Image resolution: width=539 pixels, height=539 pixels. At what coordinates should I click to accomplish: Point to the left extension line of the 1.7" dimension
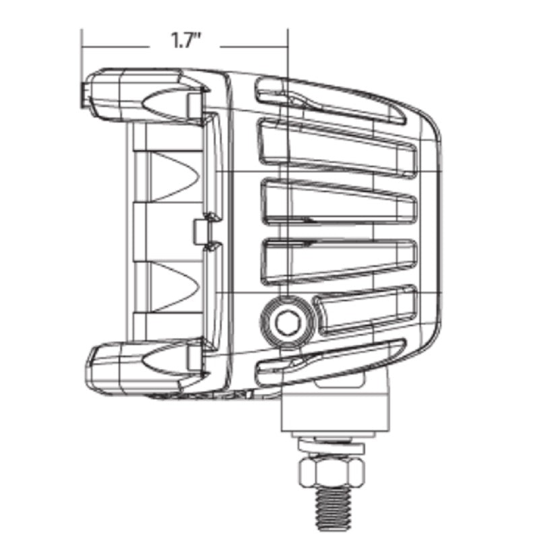82,67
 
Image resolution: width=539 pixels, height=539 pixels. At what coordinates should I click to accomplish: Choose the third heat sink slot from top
337,202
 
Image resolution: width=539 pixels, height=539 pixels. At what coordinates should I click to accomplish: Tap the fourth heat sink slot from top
337,259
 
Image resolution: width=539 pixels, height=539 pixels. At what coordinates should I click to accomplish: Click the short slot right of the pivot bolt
367,311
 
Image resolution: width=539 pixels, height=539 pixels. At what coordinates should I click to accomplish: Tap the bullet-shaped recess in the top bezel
165,102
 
